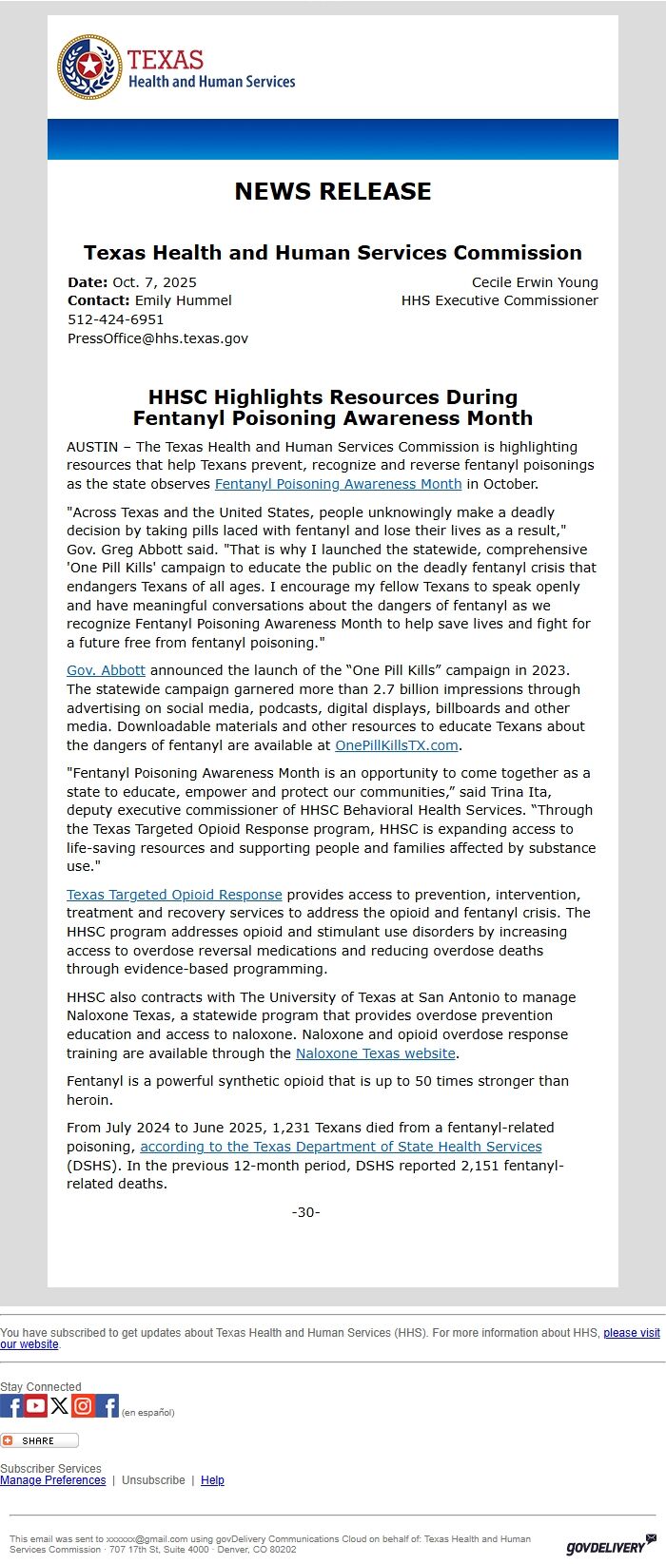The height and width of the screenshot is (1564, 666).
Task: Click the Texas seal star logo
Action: [x=89, y=67]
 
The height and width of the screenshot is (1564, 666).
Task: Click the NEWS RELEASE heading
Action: [x=333, y=191]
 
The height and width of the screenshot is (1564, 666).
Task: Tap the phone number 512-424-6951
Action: [x=115, y=319]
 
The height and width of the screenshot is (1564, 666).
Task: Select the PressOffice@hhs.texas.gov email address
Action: [x=158, y=338]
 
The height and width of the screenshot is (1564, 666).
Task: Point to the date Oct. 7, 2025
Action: [x=154, y=282]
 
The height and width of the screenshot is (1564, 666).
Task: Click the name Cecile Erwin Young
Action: [x=535, y=282]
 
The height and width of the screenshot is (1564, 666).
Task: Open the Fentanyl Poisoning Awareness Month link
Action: [x=338, y=484]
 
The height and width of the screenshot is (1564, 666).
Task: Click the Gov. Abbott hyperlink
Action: [x=106, y=670]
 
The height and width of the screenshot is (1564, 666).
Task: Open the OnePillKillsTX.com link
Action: [x=397, y=745]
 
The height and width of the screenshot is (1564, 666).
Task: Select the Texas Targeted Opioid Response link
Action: [x=174, y=895]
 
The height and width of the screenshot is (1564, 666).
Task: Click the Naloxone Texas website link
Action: [x=376, y=1053]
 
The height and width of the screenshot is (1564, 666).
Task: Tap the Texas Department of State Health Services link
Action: [x=341, y=1147]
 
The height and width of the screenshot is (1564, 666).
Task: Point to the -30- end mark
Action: [x=305, y=1212]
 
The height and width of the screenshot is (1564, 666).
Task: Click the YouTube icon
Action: [x=36, y=1405]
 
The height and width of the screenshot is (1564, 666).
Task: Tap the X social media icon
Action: [x=60, y=1405]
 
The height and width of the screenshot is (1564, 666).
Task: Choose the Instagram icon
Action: [x=84, y=1405]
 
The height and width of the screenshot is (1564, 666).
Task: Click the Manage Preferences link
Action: [x=53, y=1480]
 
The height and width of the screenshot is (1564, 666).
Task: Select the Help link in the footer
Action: [x=212, y=1480]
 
